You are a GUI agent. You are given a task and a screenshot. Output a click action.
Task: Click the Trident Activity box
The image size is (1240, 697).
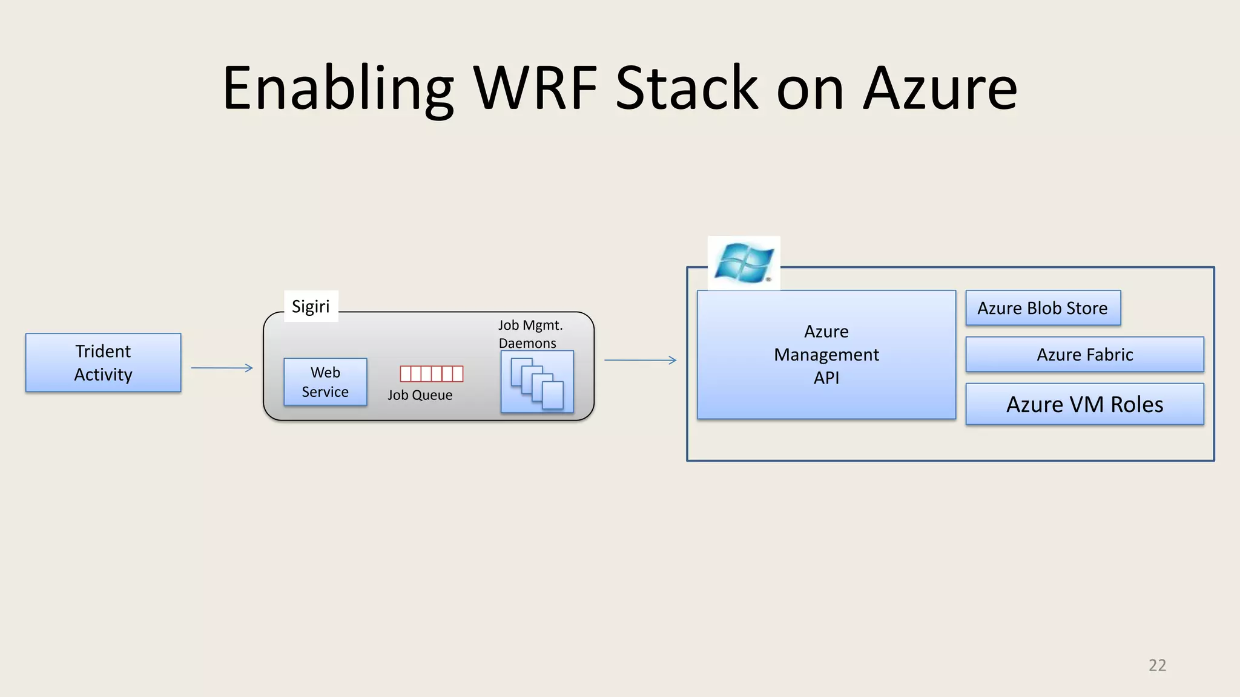(103, 362)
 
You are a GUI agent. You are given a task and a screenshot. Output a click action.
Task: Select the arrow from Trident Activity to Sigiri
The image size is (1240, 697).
(222, 368)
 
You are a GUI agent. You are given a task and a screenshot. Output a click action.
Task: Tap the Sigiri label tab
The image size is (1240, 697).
(311, 306)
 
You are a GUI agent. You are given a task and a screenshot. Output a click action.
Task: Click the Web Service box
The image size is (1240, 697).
(325, 382)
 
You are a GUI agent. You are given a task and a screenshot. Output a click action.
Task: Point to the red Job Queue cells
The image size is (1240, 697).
(432, 374)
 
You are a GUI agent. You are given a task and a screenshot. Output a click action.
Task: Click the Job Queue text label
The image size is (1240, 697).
(420, 395)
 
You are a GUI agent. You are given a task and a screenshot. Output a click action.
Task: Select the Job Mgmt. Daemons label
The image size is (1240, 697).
(530, 334)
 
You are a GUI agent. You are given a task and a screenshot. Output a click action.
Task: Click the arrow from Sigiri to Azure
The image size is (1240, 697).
(640, 360)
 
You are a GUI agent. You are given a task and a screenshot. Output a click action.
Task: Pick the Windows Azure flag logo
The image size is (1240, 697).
(744, 263)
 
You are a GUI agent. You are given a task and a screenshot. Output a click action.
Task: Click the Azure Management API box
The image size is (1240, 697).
(826, 355)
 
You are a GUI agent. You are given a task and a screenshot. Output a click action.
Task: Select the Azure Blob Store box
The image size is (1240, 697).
(1043, 308)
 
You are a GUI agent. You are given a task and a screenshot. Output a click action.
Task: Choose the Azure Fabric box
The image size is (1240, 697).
(1084, 355)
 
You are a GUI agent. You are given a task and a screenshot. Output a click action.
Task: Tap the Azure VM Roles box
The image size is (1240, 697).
(1084, 404)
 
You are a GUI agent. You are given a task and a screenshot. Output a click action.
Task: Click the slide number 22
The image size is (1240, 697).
(1156, 666)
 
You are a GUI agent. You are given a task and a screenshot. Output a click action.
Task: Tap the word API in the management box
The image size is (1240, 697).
(826, 378)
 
